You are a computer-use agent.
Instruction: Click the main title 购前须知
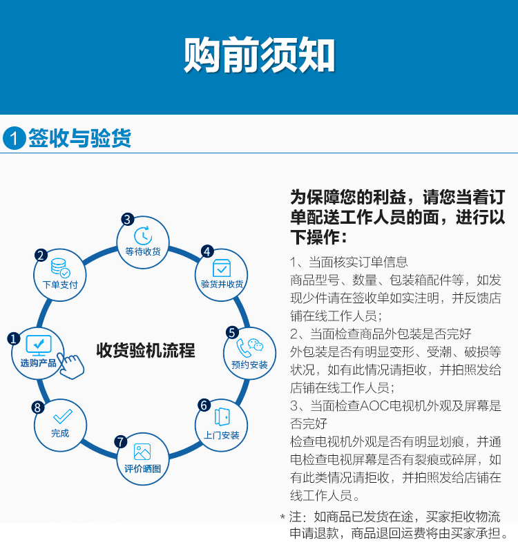click(x=259, y=55)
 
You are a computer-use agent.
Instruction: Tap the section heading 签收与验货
click(x=80, y=138)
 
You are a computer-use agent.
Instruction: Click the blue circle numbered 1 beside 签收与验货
click(x=15, y=138)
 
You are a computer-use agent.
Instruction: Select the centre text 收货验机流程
click(x=146, y=350)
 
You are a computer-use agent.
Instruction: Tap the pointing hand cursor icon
click(x=71, y=365)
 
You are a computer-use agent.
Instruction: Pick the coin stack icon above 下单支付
click(x=60, y=268)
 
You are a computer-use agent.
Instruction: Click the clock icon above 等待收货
click(x=143, y=236)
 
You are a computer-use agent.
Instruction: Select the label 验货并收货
click(x=222, y=284)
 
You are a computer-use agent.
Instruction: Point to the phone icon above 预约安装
click(x=244, y=348)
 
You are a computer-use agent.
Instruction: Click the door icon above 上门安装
click(x=222, y=416)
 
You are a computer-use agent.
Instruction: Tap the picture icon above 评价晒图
click(x=142, y=452)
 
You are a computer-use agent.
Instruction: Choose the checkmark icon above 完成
click(x=63, y=416)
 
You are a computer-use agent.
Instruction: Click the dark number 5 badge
click(x=232, y=333)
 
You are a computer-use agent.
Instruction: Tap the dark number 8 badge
click(x=38, y=408)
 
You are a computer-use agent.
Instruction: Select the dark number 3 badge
click(x=128, y=219)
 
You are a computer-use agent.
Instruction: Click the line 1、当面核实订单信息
click(x=349, y=262)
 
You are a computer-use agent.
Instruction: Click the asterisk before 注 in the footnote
click(x=282, y=517)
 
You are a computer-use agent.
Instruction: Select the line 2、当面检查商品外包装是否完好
click(x=381, y=334)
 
